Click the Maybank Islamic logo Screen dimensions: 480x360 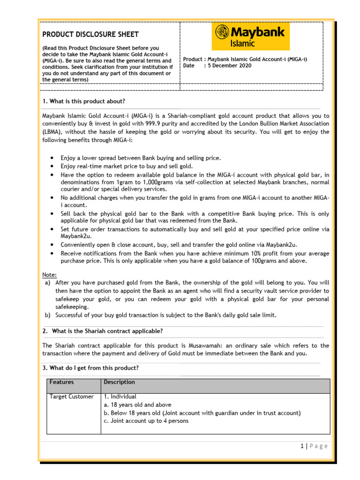(251, 36)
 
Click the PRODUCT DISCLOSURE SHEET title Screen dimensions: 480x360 (90, 34)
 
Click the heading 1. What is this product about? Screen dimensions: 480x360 (84, 101)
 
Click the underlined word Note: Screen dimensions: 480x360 (50, 275)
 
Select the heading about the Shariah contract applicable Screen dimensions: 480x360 (107, 331)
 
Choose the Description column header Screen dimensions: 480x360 (119, 382)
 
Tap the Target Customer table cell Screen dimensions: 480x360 (72, 397)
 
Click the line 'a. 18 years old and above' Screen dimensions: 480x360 (137, 405)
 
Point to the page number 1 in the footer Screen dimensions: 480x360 (303, 446)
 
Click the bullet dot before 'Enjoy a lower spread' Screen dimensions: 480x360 (51, 158)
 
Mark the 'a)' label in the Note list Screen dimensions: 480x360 (47, 283)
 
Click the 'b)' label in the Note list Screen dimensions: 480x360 (47, 315)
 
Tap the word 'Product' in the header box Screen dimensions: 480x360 (192, 59)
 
